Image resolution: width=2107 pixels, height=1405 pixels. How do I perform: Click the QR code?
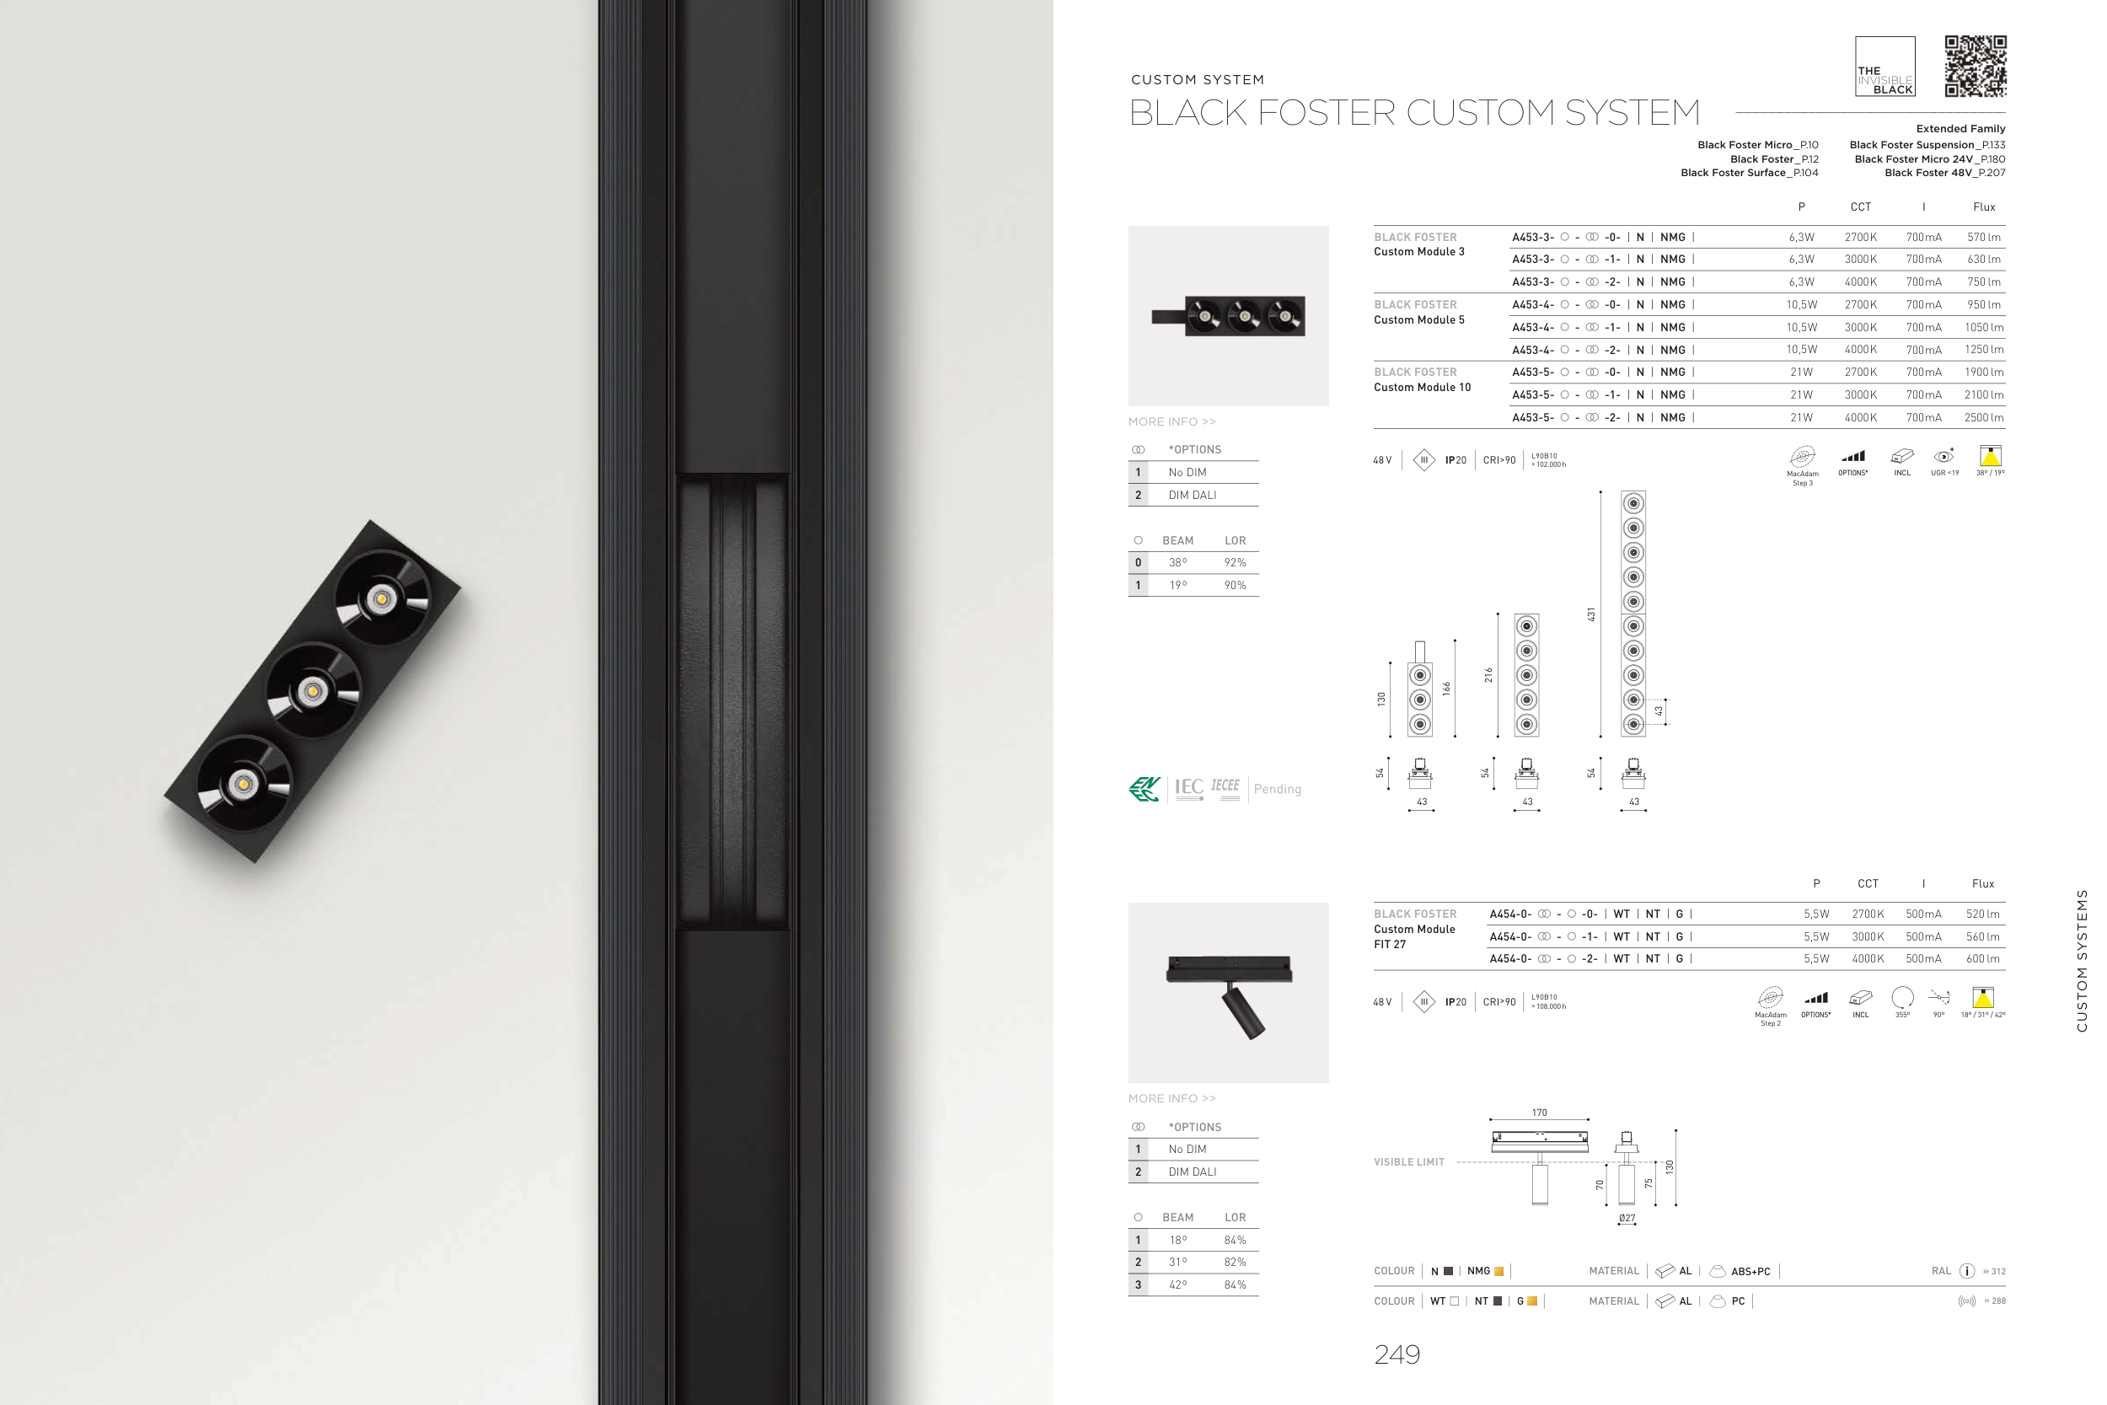click(x=1976, y=67)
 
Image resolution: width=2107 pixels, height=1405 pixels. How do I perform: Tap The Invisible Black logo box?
click(x=1885, y=67)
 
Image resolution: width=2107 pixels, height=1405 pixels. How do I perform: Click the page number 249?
click(x=1397, y=1354)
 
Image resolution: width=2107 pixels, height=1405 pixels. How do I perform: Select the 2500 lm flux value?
click(x=1983, y=417)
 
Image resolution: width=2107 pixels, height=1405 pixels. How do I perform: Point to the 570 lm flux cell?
click(x=1983, y=238)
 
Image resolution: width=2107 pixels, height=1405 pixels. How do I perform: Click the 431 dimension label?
click(x=1591, y=614)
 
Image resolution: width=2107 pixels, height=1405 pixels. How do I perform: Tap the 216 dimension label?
click(x=1488, y=675)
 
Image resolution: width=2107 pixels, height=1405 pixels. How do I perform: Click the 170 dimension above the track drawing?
click(x=1539, y=1113)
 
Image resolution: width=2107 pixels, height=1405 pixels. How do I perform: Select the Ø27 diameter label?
click(x=1627, y=1219)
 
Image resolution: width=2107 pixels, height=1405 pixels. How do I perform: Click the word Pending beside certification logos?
click(x=1277, y=790)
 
